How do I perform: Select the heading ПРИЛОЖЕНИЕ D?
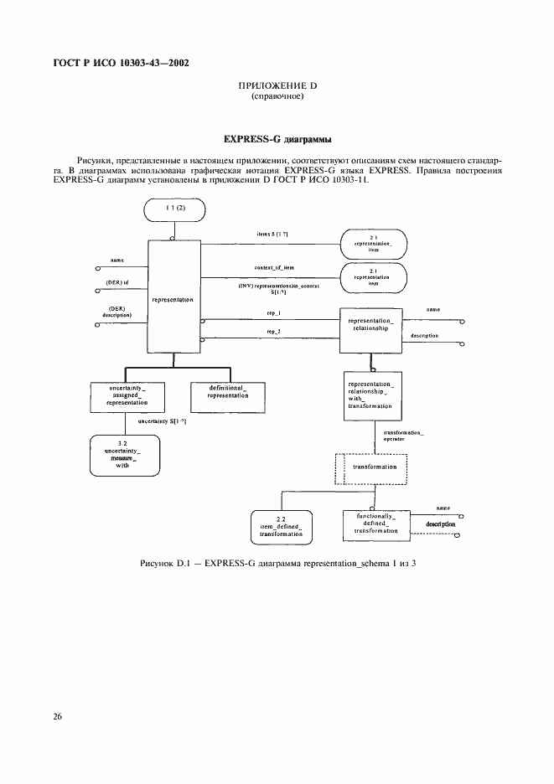277,86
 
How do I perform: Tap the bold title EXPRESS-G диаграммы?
276,138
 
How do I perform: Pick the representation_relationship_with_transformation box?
370,394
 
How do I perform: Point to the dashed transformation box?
370,467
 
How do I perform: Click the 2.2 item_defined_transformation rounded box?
281,525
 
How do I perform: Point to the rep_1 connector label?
273,312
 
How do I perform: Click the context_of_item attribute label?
273,267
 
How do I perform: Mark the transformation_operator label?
403,436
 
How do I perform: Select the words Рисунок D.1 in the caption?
171,563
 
